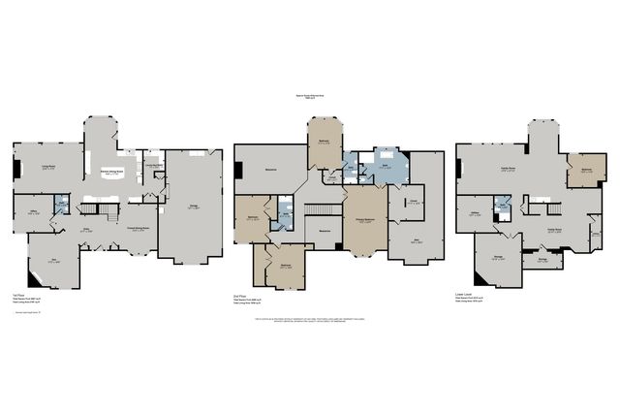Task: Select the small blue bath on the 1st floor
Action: pos(61,205)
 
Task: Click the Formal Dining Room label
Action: pos(141,229)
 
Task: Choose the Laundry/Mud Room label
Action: pos(153,166)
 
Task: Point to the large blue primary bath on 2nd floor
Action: pos(387,166)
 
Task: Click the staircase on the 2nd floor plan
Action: pos(317,210)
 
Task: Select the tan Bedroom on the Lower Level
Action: pos(586,171)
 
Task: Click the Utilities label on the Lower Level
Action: pos(476,213)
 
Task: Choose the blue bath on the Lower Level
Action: pos(503,206)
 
